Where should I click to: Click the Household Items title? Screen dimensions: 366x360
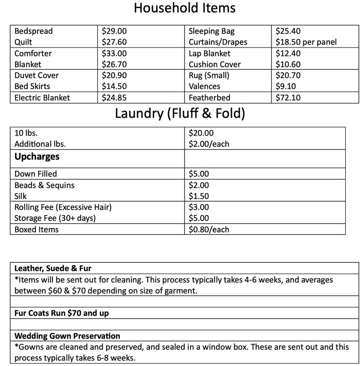pos(184,8)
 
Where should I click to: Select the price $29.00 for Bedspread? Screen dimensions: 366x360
pos(114,31)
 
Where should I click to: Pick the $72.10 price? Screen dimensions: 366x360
pos(288,98)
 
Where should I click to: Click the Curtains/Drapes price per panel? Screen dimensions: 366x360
pos(306,42)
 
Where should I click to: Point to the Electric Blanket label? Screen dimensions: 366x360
pos(42,98)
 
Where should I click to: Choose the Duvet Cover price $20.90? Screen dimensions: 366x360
pos(114,75)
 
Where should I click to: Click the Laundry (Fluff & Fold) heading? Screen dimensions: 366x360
pos(180,114)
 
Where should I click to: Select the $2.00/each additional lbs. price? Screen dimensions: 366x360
pos(209,144)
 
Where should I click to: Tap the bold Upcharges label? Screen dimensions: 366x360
pos(37,157)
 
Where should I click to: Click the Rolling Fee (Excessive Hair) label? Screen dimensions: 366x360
pos(63,207)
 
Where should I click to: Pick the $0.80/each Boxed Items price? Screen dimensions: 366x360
pos(209,230)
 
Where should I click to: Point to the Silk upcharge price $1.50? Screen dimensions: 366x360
pos(199,196)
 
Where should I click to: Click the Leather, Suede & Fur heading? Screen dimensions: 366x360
pos(53,268)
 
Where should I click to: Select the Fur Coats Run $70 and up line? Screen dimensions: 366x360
pos(61,313)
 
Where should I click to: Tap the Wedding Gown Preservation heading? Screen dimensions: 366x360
pos(67,336)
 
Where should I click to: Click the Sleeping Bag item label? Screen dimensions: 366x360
pos(211,31)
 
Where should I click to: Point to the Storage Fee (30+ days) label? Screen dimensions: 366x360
pos(55,218)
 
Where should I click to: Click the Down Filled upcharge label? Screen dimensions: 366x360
pos(36,174)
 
